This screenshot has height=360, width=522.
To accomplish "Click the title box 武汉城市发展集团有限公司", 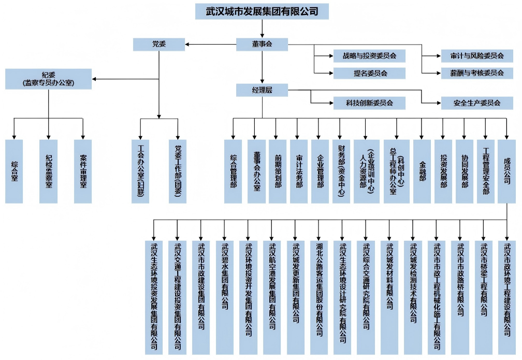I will pyautogui.click(x=262, y=11).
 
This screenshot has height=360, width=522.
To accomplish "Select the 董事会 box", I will pyautogui.click(x=262, y=45).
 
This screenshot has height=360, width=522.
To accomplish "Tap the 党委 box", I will pyautogui.click(x=159, y=45).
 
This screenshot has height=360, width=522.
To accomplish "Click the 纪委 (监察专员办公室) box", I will pyautogui.click(x=49, y=79).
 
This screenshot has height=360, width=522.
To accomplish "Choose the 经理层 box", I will pyautogui.click(x=262, y=90).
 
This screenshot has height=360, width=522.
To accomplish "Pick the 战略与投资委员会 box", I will pyautogui.click(x=369, y=56).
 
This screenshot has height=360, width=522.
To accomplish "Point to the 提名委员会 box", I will pyautogui.click(x=369, y=73).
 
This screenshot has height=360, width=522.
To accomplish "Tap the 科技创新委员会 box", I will pyautogui.click(x=369, y=103).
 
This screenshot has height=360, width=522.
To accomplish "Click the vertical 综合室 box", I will pyautogui.click(x=14, y=171).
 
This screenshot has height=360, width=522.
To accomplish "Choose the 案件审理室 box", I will pyautogui.click(x=83, y=171).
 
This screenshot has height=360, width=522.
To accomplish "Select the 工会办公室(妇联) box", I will pyautogui.click(x=140, y=171).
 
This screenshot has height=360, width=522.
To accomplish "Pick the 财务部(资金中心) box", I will pyautogui.click(x=340, y=171).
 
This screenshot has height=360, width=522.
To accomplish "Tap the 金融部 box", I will pyautogui.click(x=422, y=171).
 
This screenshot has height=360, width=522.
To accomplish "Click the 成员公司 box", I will pyautogui.click(x=506, y=171).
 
